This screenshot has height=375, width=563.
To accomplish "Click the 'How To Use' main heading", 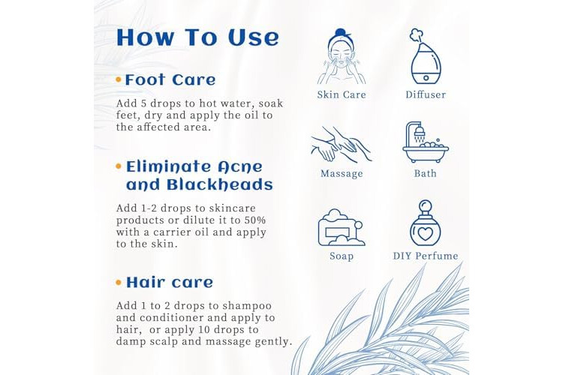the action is click(197, 37).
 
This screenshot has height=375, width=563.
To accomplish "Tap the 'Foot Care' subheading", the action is click(170, 80).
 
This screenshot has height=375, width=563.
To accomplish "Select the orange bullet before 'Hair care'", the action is click(119, 283).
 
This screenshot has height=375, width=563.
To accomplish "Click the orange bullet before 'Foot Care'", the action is click(119, 79).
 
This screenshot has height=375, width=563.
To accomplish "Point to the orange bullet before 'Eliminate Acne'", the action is click(119, 166).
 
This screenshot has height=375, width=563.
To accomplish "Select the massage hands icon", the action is click(341, 144).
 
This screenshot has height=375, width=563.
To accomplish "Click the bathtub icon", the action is click(426, 142).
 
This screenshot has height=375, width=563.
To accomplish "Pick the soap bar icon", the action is click(341, 227).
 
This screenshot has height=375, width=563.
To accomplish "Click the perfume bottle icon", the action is click(426, 223).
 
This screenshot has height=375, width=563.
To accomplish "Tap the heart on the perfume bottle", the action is click(426, 233).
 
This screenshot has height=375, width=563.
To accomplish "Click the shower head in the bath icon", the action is click(420, 133).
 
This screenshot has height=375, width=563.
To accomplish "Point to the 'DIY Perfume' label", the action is click(426, 256).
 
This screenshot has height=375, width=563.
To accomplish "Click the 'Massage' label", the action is click(342, 174).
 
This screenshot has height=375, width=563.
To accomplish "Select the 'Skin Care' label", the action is click(342, 94).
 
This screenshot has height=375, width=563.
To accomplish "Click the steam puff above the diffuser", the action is click(417, 35).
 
